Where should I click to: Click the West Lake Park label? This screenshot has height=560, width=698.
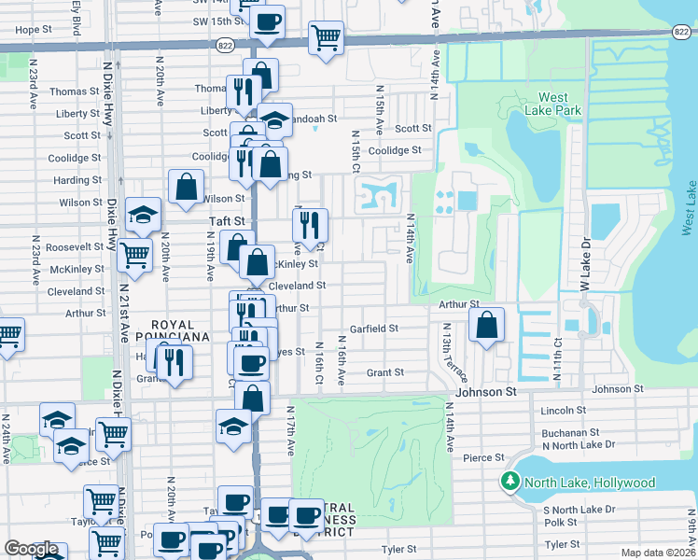560,104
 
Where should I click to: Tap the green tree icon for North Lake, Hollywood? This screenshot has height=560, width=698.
510,483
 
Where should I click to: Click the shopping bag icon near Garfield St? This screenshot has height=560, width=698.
486,326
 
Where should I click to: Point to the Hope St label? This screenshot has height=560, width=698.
33,30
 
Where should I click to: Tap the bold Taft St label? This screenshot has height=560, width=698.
225,221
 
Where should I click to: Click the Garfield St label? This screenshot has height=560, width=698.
374,329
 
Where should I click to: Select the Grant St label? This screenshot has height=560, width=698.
384,372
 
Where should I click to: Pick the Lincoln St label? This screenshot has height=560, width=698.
564,410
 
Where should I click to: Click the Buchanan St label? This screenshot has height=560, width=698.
568,433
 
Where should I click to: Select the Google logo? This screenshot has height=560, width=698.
31,548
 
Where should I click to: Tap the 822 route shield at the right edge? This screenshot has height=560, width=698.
681,31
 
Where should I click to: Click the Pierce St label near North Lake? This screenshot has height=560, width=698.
483,457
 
